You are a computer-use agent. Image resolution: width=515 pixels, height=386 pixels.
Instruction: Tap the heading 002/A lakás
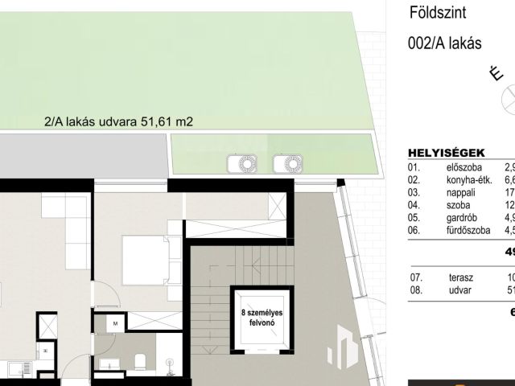click(x=445, y=43)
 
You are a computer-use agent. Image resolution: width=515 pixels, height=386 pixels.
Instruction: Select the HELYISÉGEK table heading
click(x=445, y=152)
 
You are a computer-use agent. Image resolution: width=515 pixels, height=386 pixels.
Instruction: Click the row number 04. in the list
click(x=414, y=205)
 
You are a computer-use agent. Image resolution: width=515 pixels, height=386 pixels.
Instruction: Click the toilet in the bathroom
click(x=137, y=361)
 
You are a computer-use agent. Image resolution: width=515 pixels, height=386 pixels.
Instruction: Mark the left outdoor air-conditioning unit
click(x=241, y=164)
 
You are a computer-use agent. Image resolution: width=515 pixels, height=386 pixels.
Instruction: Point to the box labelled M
click(x=115, y=323)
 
